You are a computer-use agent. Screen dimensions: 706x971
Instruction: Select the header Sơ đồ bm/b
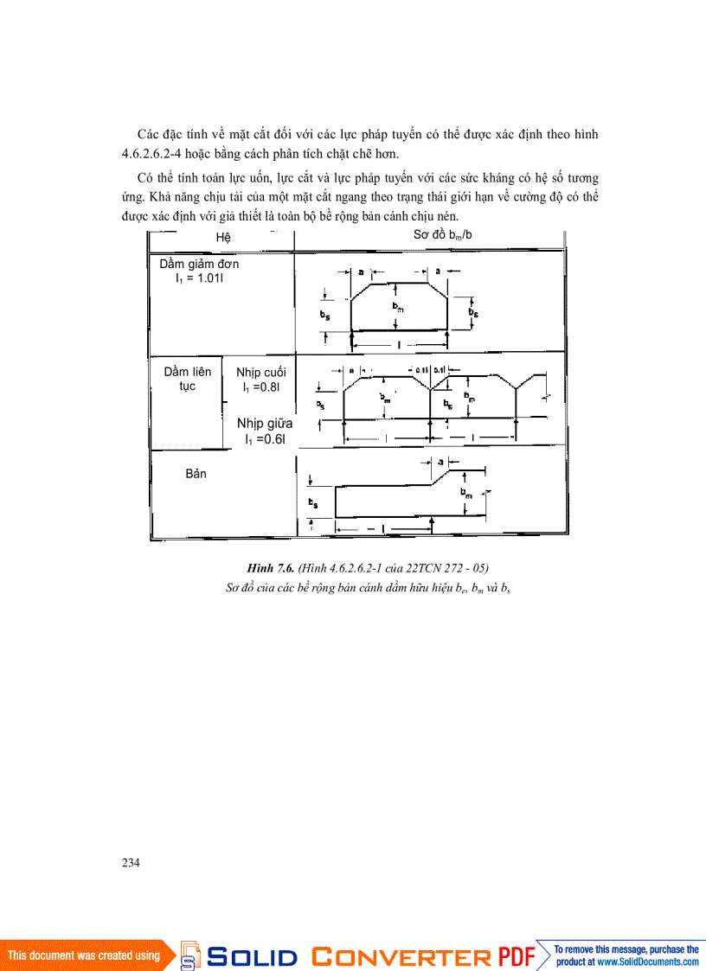click(442, 235)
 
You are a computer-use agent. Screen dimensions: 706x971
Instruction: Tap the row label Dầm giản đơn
click(199, 264)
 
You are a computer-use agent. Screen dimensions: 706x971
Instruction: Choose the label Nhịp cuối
click(260, 373)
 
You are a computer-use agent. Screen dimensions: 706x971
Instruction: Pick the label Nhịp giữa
click(265, 424)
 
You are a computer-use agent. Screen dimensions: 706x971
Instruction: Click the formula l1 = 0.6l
click(263, 439)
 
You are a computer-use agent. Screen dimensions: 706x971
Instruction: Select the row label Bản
click(196, 474)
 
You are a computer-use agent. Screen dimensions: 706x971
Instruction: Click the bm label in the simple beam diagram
click(396, 307)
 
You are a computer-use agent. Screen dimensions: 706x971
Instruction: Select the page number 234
click(131, 862)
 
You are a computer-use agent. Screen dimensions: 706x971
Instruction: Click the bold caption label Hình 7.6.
click(271, 567)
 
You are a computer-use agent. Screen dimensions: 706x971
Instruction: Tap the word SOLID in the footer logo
click(253, 956)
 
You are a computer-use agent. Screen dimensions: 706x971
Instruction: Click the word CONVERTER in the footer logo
click(401, 956)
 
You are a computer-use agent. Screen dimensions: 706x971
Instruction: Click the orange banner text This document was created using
click(84, 955)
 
